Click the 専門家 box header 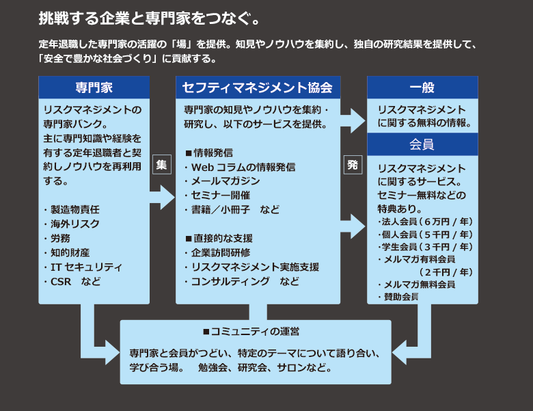94,88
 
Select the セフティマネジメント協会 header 258,88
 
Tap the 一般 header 422,88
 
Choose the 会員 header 422,144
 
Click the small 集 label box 161,165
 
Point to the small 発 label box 352,165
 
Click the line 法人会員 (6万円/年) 425,222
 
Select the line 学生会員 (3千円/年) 425,246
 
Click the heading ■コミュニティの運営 251,332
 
